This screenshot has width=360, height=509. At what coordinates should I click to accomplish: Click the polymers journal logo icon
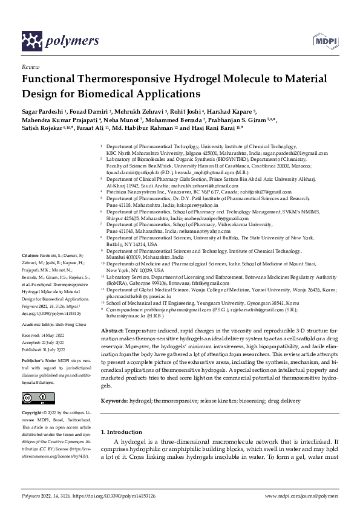pyautogui.click(x=32, y=41)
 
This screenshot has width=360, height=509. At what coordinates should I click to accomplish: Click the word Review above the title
pyautogui.click(x=30, y=68)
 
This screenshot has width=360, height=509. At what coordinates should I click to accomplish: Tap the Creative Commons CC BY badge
pyautogui.click(x=36, y=381)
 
